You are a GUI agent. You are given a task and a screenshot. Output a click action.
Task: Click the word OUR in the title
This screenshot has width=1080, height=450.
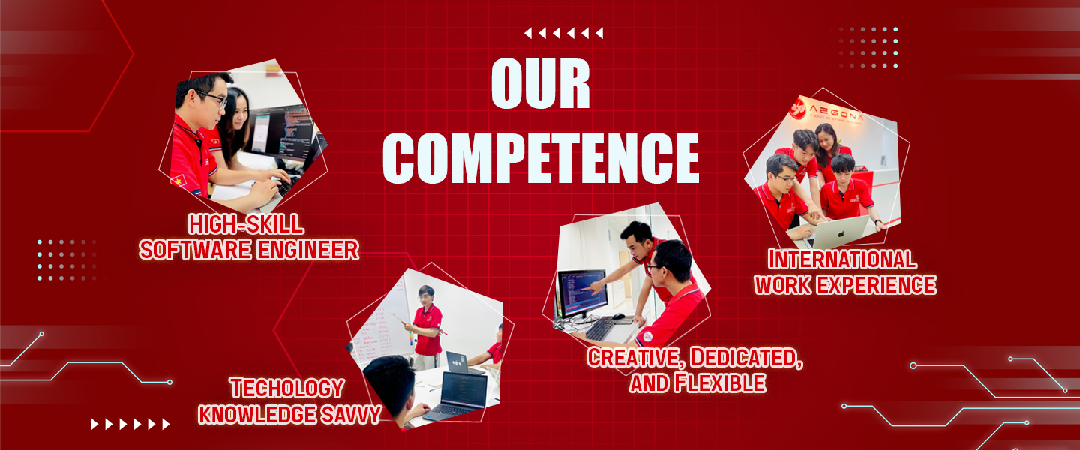click(x=541, y=83)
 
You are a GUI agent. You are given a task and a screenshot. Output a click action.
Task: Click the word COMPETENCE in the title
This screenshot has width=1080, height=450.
click(x=541, y=157)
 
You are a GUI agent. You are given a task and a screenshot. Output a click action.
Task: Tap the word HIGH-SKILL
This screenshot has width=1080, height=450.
click(x=246, y=224)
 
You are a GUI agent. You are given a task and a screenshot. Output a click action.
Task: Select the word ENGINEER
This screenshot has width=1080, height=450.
click(x=307, y=250)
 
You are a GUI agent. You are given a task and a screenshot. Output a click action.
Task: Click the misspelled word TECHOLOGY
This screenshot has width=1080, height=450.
click(x=286, y=388)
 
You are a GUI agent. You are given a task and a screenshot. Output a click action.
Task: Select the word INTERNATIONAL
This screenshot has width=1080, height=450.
click(x=841, y=259)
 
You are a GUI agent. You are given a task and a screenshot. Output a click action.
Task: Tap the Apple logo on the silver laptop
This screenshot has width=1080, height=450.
click(x=841, y=234)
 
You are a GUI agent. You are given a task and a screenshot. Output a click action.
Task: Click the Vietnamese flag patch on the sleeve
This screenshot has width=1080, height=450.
click(x=178, y=181)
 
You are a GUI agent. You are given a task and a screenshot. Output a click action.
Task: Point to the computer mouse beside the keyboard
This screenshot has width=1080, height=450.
click(x=619, y=316)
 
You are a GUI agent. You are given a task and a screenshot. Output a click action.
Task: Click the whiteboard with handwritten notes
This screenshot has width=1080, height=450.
click(x=381, y=324)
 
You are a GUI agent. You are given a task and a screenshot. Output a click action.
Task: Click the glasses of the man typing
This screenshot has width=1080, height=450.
click(x=211, y=98)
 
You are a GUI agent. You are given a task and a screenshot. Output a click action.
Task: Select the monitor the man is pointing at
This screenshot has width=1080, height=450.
click(x=582, y=294)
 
